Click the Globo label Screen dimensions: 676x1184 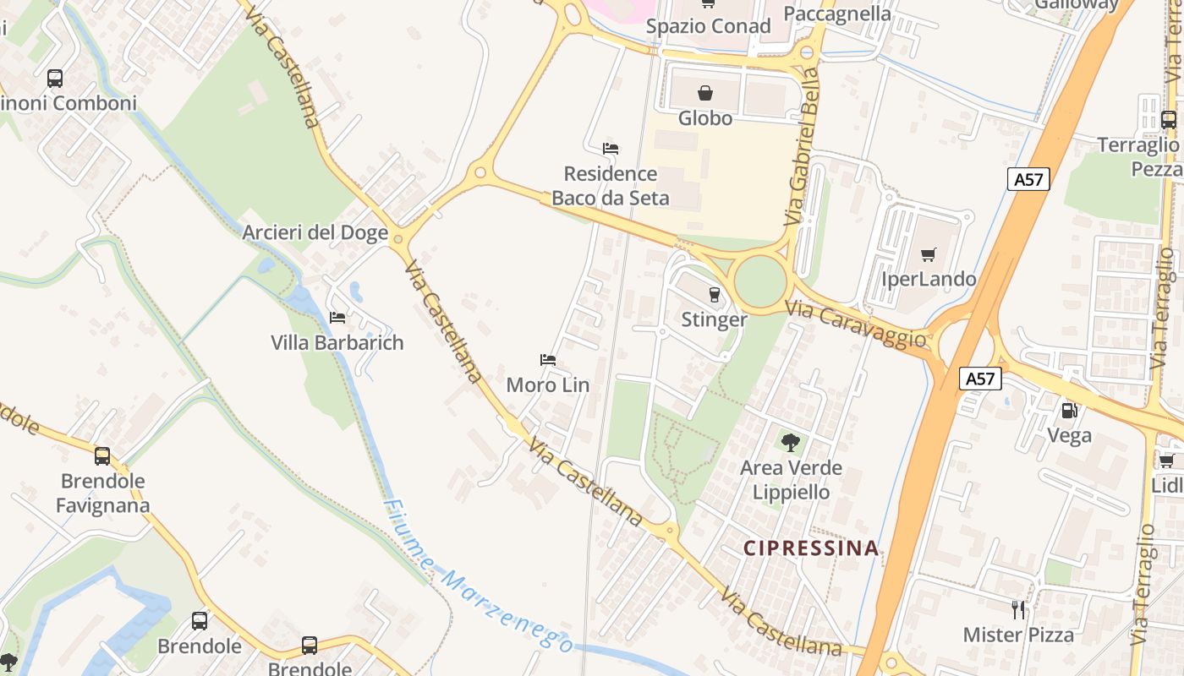pyautogui.click(x=704, y=118)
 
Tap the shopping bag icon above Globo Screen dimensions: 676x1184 pyautogui.click(x=704, y=93)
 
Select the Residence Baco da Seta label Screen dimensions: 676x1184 pyautogui.click(x=610, y=186)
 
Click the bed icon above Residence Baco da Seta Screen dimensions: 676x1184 pyautogui.click(x=611, y=149)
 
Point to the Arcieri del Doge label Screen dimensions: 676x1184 pyautogui.click(x=315, y=232)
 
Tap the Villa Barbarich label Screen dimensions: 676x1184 pyautogui.click(x=337, y=342)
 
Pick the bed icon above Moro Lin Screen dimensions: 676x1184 pyautogui.click(x=548, y=360)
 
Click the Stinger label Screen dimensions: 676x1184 pyautogui.click(x=714, y=319)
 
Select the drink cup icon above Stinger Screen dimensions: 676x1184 pyautogui.click(x=715, y=294)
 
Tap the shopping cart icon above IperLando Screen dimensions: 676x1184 pyautogui.click(x=929, y=254)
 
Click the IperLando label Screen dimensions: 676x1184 pyautogui.click(x=929, y=279)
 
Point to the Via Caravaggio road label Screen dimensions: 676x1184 pyautogui.click(x=856, y=324)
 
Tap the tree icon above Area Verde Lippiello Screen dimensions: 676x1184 pyautogui.click(x=791, y=442)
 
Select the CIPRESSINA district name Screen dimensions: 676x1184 pyautogui.click(x=811, y=548)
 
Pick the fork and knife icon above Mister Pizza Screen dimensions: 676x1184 pyautogui.click(x=1018, y=609)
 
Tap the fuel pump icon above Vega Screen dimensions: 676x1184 pyautogui.click(x=1070, y=411)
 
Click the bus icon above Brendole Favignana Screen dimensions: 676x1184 pyautogui.click(x=102, y=456)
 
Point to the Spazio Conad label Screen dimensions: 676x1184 pyautogui.click(x=708, y=26)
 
